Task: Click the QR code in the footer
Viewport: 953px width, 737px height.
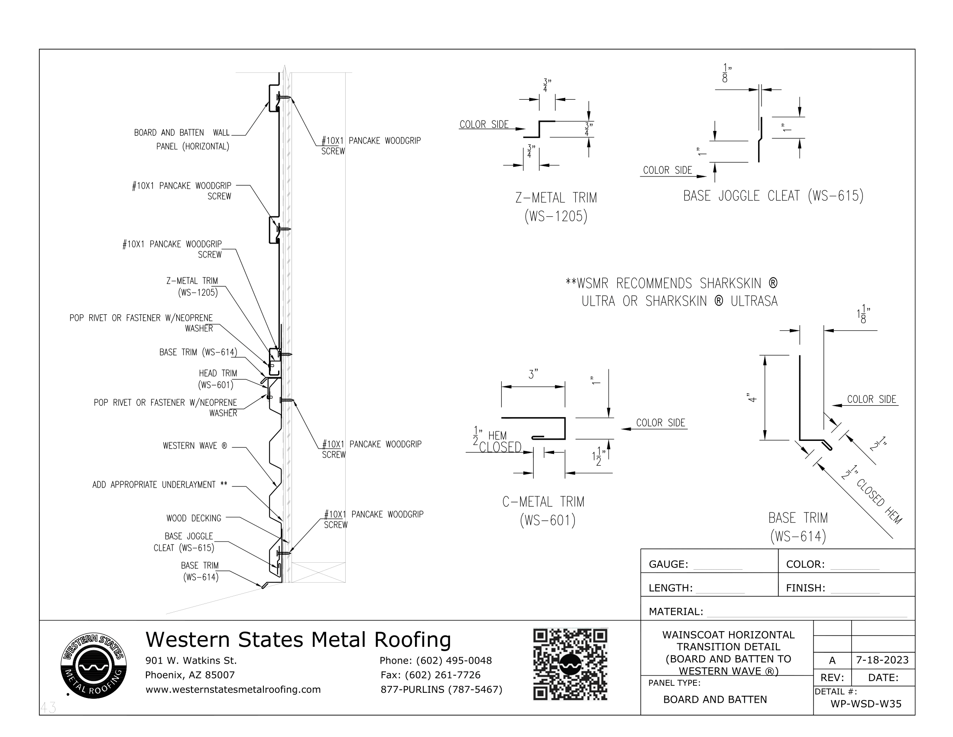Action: (570, 664)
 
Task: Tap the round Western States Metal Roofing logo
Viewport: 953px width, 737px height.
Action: (94, 666)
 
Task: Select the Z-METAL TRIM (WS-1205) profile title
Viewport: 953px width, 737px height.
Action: (555, 207)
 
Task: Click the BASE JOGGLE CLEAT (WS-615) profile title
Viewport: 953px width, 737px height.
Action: (773, 196)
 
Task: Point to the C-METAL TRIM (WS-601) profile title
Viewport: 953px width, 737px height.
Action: (543, 511)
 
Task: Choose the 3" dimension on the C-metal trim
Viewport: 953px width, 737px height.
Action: (533, 375)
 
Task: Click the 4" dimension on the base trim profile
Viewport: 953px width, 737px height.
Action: (752, 398)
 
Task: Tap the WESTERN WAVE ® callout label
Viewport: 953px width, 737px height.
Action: (194, 446)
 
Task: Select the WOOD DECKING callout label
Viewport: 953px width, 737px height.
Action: (194, 518)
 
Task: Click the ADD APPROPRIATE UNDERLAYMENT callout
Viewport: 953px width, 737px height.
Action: (160, 485)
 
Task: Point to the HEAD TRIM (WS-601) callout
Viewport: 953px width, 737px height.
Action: (217, 379)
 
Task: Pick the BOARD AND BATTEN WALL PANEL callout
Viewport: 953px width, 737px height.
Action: (182, 139)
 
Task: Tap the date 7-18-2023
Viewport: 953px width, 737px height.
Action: (882, 660)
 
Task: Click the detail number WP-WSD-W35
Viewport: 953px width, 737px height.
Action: (866, 703)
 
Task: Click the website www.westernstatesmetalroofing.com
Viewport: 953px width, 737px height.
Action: (233, 689)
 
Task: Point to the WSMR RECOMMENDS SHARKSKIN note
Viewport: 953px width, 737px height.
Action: (671, 292)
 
